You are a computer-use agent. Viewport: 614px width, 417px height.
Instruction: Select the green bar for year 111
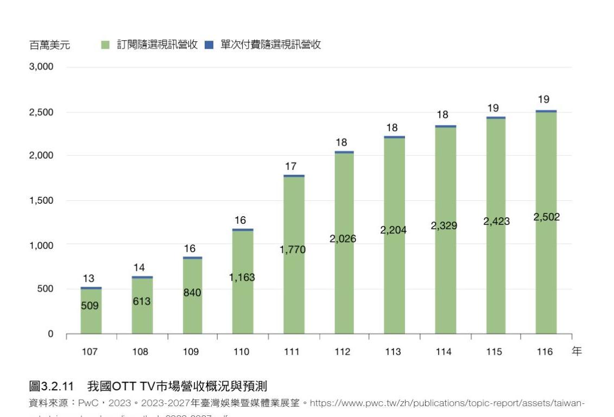pyautogui.click(x=294, y=282)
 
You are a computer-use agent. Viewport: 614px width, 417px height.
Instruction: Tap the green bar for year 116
pyautogui.click(x=546, y=271)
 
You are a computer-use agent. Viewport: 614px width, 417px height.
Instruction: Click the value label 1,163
pyautogui.click(x=242, y=277)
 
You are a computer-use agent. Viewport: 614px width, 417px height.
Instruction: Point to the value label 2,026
pyautogui.click(x=343, y=238)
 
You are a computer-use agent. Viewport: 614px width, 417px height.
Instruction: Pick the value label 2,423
pyautogui.click(x=496, y=222)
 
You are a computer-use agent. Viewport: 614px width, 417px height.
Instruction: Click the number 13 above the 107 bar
pyautogui.click(x=88, y=279)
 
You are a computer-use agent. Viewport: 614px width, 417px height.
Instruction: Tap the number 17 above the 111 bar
pyautogui.click(x=291, y=167)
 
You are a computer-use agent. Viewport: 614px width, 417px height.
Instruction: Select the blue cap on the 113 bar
pyautogui.click(x=394, y=137)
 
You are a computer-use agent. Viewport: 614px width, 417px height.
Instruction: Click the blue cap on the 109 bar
pyautogui.click(x=192, y=258)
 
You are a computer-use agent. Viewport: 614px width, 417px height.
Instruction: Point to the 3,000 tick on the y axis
pyautogui.click(x=41, y=67)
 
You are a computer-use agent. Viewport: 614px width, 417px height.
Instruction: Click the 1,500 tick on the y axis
pyautogui.click(x=41, y=200)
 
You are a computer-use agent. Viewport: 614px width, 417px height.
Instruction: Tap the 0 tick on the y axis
pyautogui.click(x=50, y=334)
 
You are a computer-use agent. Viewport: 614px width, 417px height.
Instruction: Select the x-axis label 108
pyautogui.click(x=140, y=352)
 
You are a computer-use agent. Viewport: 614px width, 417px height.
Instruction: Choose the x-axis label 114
pyautogui.click(x=444, y=352)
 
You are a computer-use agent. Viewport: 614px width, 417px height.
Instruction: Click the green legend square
pyautogui.click(x=105, y=45)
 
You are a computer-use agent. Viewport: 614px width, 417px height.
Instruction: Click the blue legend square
pyautogui.click(x=209, y=45)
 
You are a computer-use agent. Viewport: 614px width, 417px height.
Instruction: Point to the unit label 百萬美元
pyautogui.click(x=49, y=46)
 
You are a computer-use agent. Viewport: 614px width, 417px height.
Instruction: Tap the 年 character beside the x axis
pyautogui.click(x=577, y=351)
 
